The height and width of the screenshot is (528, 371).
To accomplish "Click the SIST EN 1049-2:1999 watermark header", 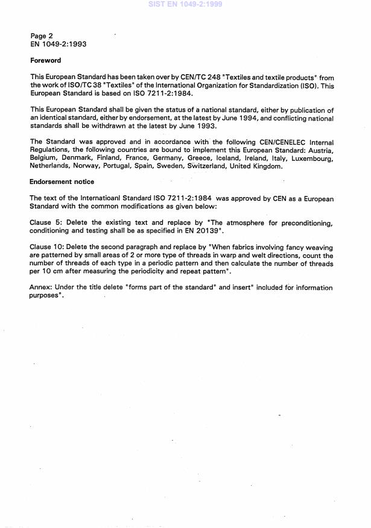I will (x=185, y=4).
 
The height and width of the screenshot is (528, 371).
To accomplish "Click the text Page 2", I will (x=42, y=36).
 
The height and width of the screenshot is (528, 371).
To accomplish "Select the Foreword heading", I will (x=45, y=60).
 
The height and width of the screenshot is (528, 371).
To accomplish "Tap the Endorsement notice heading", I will (x=62, y=181).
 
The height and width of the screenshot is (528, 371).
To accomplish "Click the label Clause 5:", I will (x=47, y=222).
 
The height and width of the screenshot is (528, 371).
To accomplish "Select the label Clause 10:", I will (x=49, y=247).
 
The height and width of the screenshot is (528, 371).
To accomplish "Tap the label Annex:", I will (x=42, y=288).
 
